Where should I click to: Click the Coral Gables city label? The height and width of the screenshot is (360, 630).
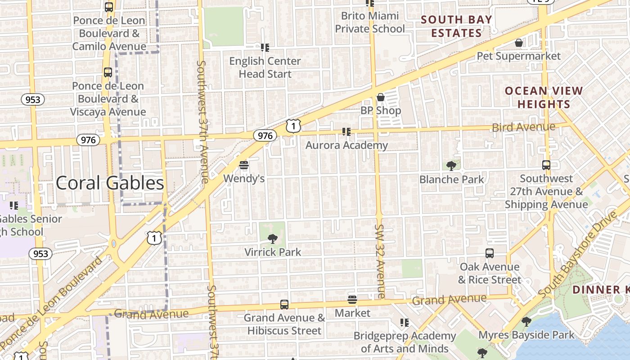coord(110,183)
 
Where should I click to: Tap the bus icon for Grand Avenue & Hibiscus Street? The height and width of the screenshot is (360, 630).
coord(284,305)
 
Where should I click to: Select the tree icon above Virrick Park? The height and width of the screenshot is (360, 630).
coord(272,238)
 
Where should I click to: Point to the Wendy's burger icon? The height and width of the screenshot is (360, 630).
coord(244,165)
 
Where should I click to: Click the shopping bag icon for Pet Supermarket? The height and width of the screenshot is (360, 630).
coord(519,43)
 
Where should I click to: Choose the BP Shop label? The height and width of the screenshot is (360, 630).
coord(381,110)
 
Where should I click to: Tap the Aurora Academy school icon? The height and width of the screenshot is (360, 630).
coord(346,131)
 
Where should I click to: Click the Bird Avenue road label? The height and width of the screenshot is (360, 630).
coord(523,127)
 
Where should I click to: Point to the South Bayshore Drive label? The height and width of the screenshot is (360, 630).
coord(578,256)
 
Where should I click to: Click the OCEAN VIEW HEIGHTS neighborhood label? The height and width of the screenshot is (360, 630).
coord(544,97)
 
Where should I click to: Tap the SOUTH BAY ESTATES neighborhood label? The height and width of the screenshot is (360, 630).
coord(457,26)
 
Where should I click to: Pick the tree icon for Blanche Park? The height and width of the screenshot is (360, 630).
coord(451,166)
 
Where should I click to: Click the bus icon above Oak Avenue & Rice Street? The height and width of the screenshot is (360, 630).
coord(490,253)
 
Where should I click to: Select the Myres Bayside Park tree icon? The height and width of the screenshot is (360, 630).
coord(526,321)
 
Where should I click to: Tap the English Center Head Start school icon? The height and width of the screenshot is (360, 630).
coord(265,47)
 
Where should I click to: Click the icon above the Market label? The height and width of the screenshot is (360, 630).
coord(352,300)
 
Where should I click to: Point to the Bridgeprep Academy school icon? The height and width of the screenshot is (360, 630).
coord(405,322)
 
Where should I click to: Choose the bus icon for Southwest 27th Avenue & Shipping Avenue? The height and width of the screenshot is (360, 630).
coord(546,165)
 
